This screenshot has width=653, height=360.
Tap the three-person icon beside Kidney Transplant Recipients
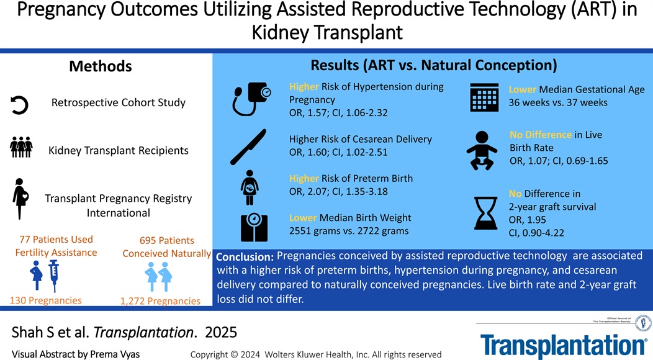click(20, 148)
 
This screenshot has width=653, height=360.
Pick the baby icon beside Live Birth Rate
click(480, 150)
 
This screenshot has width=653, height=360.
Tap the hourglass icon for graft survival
click(484, 212)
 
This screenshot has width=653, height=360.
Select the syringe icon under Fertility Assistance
click(53, 276)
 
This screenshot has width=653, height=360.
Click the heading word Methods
click(100, 66)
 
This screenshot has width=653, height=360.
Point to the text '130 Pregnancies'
click(45, 300)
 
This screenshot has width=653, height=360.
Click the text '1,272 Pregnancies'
click(161, 301)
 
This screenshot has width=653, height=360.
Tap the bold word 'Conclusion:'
click(245, 257)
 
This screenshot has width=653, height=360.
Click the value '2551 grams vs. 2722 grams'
click(349, 231)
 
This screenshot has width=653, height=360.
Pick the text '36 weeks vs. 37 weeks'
click(558, 102)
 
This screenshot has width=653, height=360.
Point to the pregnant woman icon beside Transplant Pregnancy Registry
click(20, 198)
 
